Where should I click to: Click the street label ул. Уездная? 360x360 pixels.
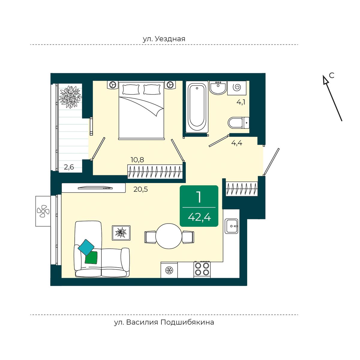(x=164, y=39)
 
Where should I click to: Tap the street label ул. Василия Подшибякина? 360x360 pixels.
(x=164, y=322)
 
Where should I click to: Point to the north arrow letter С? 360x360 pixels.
(x=331, y=75)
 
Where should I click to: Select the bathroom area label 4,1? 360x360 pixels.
(x=241, y=102)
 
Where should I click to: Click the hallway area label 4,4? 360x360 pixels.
(x=237, y=143)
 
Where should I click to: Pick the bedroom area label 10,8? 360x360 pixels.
(x=137, y=160)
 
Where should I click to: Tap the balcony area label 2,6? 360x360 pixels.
(x=69, y=167)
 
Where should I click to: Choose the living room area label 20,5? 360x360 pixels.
(x=140, y=189)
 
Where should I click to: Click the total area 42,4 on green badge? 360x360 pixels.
(x=199, y=217)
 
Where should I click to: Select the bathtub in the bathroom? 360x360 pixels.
(x=197, y=107)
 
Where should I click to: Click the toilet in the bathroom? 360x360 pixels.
(x=238, y=123)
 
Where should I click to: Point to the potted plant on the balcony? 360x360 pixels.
(x=70, y=97)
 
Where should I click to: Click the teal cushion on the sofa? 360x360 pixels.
(x=86, y=247)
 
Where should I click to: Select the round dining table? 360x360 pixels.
(x=169, y=236)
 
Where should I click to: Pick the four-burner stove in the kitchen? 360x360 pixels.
(x=202, y=269)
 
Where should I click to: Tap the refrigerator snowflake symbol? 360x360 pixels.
(x=169, y=270)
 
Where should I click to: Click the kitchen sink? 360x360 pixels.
(x=231, y=226)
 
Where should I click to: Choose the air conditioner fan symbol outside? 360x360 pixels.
(x=43, y=211)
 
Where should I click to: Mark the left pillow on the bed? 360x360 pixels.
(x=131, y=89)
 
